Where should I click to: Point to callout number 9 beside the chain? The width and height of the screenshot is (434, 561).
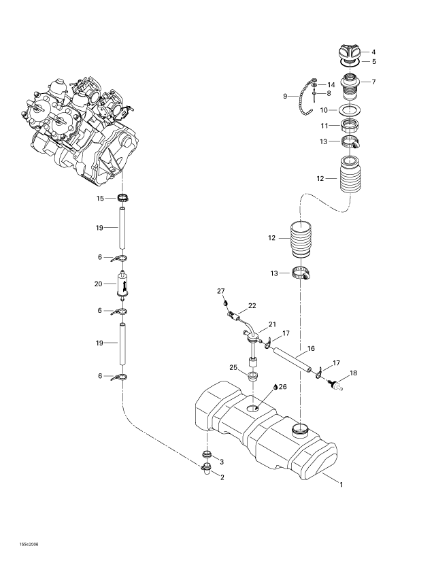285,96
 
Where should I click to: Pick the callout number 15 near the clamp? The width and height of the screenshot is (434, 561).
100,199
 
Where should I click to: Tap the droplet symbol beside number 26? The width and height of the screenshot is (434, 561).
276,386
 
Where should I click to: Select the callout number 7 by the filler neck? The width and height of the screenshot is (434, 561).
373,82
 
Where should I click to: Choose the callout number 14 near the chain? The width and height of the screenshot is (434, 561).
331,84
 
